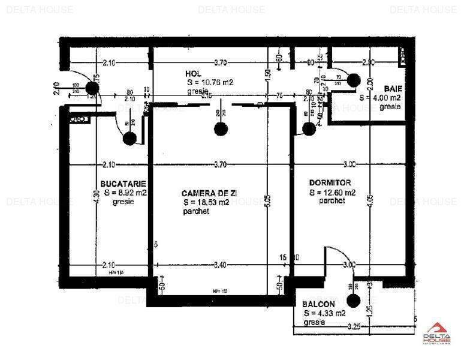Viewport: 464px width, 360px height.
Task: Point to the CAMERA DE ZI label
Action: [208, 193]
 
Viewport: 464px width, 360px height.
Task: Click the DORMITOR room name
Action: [330, 182]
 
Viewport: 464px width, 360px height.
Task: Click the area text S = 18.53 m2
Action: [207, 203]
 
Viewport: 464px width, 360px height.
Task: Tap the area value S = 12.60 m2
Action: [333, 193]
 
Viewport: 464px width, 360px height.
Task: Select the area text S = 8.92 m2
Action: [125, 193]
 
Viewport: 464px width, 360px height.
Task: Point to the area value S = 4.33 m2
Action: [324, 313]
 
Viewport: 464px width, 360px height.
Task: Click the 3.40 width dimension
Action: [220, 265]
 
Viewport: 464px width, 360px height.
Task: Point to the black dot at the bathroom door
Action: [353, 79]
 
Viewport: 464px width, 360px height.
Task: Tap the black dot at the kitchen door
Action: [129, 139]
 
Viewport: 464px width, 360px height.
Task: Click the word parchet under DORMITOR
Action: [332, 202]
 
